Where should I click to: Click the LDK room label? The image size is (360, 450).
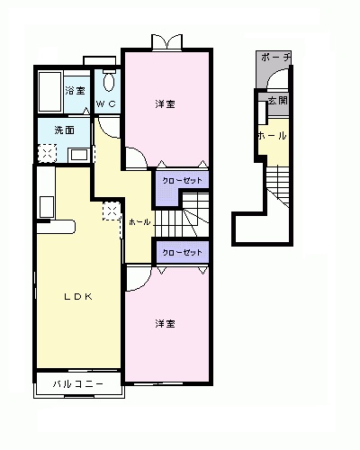coord(78,297)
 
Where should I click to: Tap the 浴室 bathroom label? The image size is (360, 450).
coord(75,90)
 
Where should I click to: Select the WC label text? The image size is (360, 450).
coord(106,103)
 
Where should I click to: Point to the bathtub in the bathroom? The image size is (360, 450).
coord(50,92)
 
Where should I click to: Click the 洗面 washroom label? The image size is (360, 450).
coord(64,130)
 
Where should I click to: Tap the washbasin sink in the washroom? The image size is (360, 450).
coord(78,155)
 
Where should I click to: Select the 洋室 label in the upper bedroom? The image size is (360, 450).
coord(165,104)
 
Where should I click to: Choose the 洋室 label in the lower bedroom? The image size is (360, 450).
coord(165,324)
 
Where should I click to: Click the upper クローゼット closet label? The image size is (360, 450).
coord(182,181)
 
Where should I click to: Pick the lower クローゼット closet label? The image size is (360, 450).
coord(182,253)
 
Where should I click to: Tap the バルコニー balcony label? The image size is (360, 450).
coord(78,383)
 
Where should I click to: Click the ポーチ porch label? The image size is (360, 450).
coord(275,57)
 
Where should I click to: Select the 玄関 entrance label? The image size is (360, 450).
coord(278,101)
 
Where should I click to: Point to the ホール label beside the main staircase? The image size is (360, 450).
coord(139,222)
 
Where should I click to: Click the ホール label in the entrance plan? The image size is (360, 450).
coord(273,136)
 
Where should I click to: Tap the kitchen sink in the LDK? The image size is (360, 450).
coord(47,207)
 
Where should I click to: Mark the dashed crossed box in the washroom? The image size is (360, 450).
coord(48,153)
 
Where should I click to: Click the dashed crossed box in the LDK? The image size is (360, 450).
coord(112,211)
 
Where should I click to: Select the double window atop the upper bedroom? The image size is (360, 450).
coord(167,41)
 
